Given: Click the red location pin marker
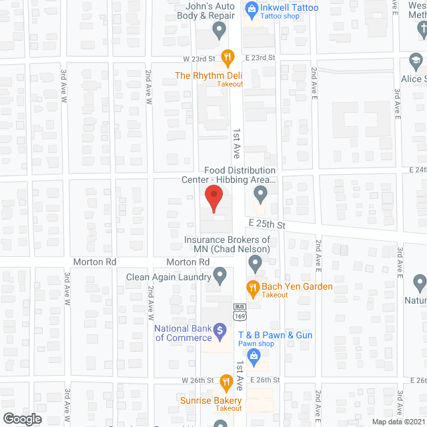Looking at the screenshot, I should click(213, 199).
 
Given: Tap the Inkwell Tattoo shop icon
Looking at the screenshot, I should click(252, 9).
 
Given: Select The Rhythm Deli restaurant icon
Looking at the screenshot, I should click(228, 57).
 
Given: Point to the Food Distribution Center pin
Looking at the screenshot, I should click(261, 195).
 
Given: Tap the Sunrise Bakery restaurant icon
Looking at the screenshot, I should click(226, 382).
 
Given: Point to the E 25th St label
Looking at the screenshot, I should click(266, 225).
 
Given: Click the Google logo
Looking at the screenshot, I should click(22, 418).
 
